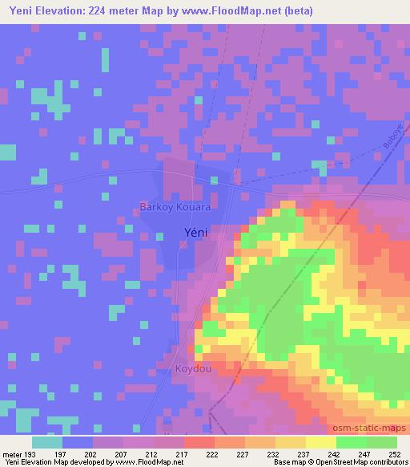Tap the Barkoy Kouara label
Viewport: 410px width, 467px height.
click(175, 207)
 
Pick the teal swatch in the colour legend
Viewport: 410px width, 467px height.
click(47, 442)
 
